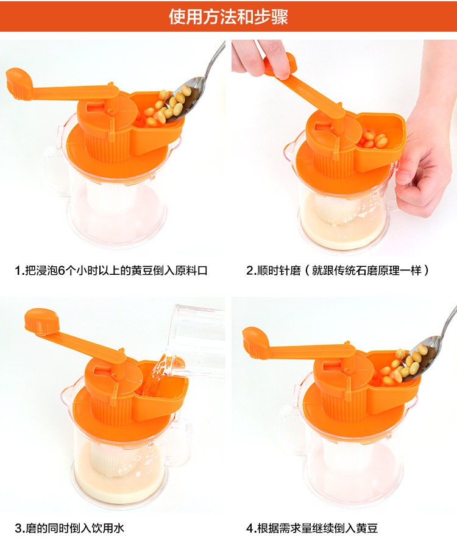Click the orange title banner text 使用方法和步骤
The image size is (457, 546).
pos(228,16)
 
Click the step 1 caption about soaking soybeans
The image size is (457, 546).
pos(111,271)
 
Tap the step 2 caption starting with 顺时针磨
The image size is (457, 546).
pos(338,271)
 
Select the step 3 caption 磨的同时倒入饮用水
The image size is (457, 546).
pos(69,528)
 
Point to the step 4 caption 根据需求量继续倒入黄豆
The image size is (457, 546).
pos(312,528)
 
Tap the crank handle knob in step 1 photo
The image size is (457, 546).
pos(19,83)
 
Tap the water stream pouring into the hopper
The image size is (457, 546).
pos(155,376)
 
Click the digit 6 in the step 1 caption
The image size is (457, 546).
pos(62,271)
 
